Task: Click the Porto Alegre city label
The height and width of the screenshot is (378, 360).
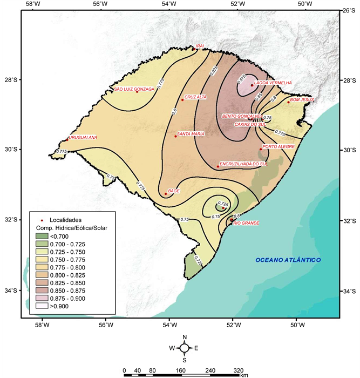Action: [279, 146]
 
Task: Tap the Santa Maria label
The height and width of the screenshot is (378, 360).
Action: [191, 133]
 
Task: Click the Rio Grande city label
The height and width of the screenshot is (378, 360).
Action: [246, 223]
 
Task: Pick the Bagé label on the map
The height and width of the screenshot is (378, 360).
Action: [174, 191]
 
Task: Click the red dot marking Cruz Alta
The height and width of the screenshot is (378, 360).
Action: [182, 100]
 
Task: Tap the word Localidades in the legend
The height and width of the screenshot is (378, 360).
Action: [65, 220]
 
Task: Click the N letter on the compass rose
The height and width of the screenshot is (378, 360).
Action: [185, 337]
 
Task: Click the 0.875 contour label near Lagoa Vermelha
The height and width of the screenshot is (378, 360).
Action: [242, 79]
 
